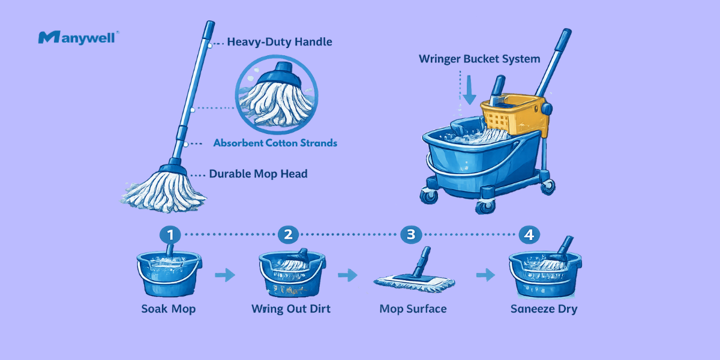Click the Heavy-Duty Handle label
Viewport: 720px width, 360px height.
pos(280,42)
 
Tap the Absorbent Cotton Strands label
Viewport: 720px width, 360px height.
pos(275,143)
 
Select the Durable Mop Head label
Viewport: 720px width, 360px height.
pos(258,174)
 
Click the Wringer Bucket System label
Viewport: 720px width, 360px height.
pos(479,59)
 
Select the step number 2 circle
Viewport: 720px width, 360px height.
pos(289,235)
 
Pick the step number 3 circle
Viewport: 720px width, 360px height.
pos(410,235)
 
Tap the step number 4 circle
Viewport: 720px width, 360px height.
pos(529,235)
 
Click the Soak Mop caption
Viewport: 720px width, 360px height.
pos(169,310)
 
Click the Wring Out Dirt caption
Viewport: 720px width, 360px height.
pos(291,310)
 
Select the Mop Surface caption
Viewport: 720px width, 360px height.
pos(413,310)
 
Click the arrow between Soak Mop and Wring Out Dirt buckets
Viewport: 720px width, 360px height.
pos(225,275)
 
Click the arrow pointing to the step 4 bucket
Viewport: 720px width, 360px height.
pos(485,275)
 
